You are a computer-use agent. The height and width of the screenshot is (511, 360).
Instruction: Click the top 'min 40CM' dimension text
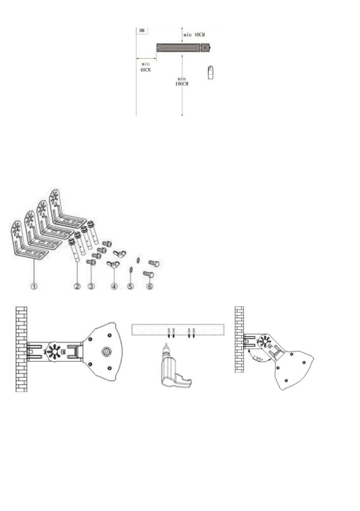coord(196,34)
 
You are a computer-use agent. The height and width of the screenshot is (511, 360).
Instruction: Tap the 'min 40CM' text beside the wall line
coord(145,67)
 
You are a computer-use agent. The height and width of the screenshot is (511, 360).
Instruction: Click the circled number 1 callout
coord(35,285)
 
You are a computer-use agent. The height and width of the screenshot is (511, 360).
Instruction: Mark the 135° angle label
coord(257,358)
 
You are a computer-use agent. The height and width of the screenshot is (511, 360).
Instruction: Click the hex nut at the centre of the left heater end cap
coord(105,351)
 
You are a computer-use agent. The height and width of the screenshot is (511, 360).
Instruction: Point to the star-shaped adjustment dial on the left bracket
coord(54,348)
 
